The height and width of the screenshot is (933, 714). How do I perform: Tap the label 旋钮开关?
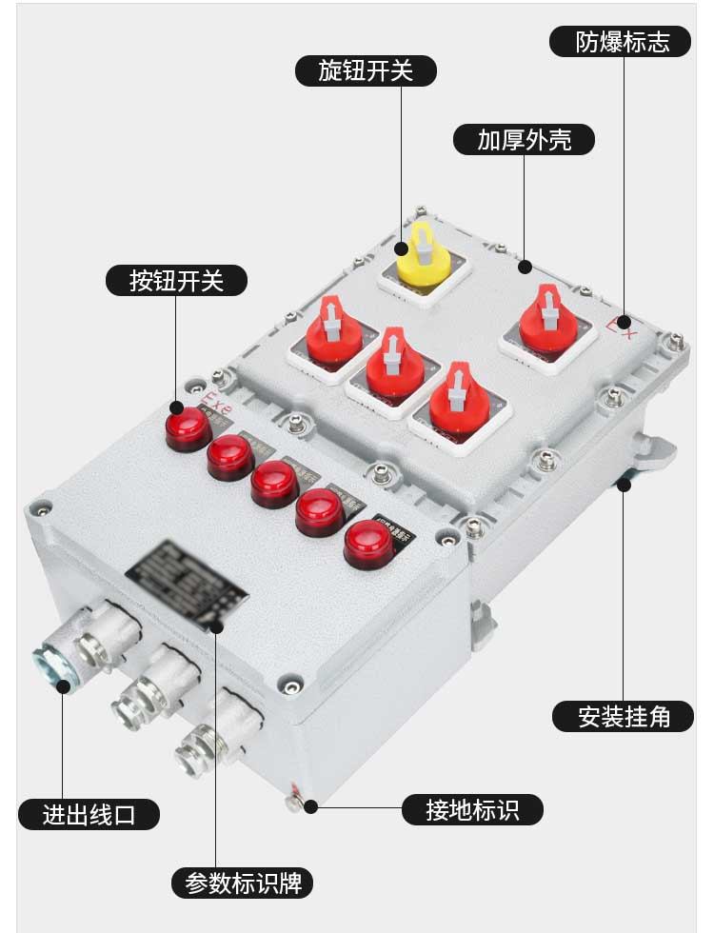tap(366, 70)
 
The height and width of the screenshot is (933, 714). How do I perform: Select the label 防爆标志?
tap(621, 41)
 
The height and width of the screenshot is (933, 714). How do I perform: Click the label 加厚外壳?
tap(525, 139)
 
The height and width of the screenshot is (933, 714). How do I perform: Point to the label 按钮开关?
tap(176, 280)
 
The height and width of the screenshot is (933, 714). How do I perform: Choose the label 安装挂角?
tap(624, 716)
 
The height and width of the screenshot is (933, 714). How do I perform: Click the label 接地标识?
tap(472, 809)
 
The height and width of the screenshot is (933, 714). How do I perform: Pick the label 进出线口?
tap(89, 814)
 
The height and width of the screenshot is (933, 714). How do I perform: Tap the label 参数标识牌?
tap(243, 883)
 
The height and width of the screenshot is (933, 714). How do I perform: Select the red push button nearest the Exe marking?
tap(188, 427)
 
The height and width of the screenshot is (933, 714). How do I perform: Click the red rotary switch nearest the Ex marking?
tap(547, 320)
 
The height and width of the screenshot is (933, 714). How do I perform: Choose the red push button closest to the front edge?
tap(368, 545)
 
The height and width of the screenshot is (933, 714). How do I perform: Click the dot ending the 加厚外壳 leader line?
tap(525, 268)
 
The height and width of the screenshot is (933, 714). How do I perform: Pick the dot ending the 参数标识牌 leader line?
tap(216, 626)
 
